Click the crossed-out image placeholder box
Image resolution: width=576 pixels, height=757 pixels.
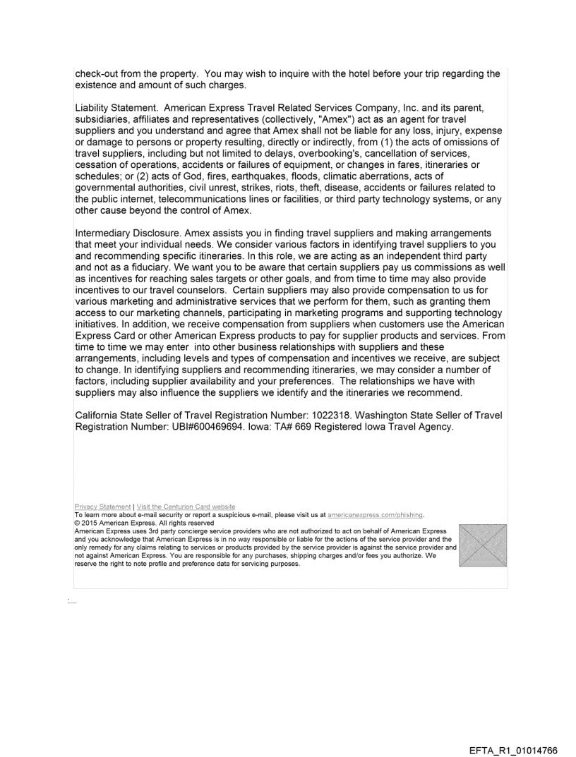[x=482, y=545]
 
